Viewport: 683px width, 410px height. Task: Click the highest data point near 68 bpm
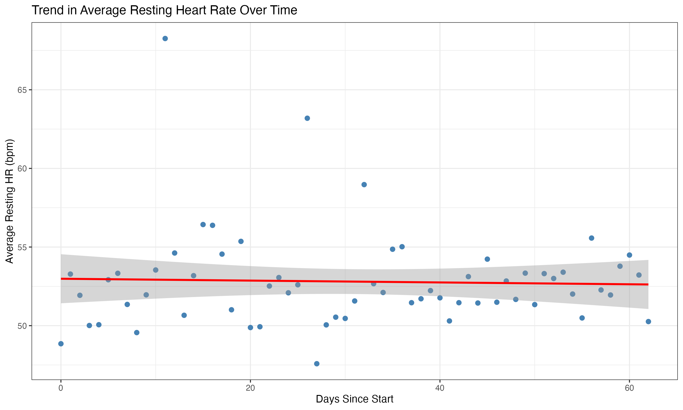[x=165, y=38]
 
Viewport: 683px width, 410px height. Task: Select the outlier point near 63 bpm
[x=307, y=118]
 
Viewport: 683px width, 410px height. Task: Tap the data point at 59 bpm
[x=364, y=184]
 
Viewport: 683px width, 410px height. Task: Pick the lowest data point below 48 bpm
[x=317, y=364]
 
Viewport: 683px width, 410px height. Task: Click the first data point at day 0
[x=61, y=344]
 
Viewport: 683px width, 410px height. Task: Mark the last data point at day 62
[x=648, y=322]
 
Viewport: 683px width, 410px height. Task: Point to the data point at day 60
[x=629, y=255]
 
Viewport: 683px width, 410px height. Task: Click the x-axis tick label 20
[x=250, y=388]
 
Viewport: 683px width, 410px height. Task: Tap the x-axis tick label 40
[x=440, y=388]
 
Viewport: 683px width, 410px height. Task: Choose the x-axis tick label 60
[x=629, y=388]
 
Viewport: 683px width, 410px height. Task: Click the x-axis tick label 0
[x=61, y=388]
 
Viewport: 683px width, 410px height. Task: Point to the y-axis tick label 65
[x=22, y=90]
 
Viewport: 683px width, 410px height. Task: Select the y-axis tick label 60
[x=22, y=169]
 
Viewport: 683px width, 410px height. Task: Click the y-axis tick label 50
[x=22, y=326]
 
